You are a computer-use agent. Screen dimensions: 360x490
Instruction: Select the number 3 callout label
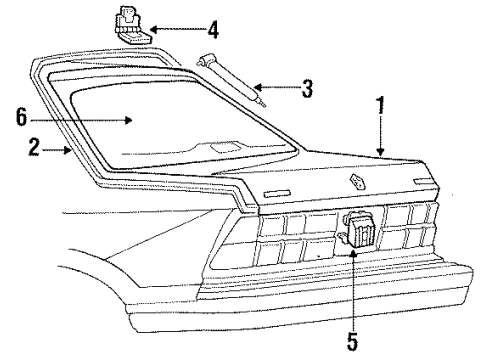click(x=308, y=89)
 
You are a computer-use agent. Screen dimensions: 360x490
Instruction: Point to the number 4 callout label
click(x=212, y=31)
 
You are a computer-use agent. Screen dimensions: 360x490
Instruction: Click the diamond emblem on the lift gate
click(x=356, y=182)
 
